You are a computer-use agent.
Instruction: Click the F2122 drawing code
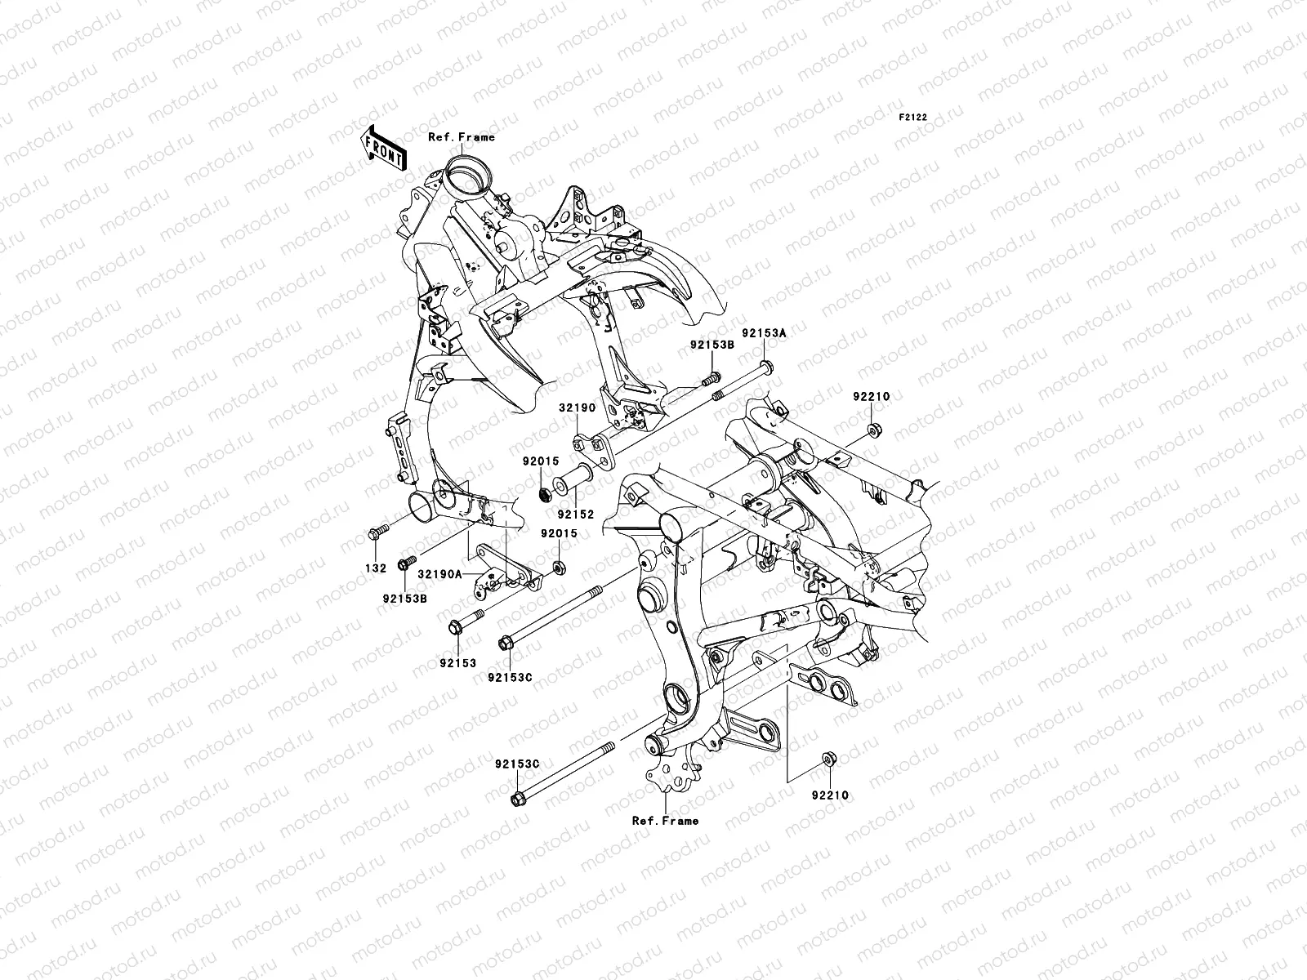tap(912, 118)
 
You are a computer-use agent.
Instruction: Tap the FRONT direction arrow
tap(383, 148)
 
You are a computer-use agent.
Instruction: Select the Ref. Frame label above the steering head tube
tap(462, 137)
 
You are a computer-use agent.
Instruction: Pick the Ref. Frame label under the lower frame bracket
tap(665, 821)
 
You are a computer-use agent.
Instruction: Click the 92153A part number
tap(764, 333)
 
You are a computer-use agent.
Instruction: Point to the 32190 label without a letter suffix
tap(577, 408)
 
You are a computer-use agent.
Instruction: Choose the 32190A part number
tap(440, 573)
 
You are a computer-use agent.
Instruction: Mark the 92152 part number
tap(576, 514)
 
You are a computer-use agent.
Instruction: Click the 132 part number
tap(376, 568)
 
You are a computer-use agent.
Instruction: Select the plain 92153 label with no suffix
tap(458, 663)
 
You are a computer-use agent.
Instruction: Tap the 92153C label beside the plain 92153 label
tap(510, 677)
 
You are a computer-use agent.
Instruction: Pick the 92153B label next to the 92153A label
tap(712, 345)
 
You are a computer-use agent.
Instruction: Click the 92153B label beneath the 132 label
tap(405, 599)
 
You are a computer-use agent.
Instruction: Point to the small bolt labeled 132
tap(378, 532)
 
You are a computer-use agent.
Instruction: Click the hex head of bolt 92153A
tap(767, 367)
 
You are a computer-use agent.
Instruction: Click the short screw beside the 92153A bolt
tap(711, 378)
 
